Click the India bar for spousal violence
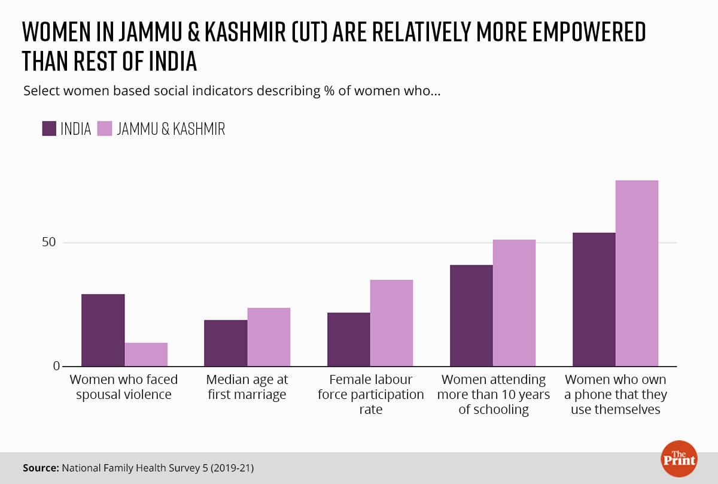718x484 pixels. [x=103, y=330]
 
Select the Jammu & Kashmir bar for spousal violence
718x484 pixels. [x=146, y=355]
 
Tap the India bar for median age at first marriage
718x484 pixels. [x=226, y=343]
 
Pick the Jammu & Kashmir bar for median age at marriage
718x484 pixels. [x=269, y=337]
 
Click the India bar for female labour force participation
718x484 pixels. [x=349, y=340]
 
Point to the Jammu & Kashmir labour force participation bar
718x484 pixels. [x=391, y=323]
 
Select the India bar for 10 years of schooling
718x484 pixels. [x=471, y=316]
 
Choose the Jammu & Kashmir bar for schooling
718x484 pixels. [x=514, y=303]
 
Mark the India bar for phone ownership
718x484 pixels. [x=594, y=300]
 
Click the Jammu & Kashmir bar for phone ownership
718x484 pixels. [x=637, y=273]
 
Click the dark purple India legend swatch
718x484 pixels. [x=49, y=129]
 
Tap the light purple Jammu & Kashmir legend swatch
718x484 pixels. [x=105, y=129]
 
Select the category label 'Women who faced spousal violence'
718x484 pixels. [x=124, y=387]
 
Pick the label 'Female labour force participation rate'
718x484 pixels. [x=370, y=395]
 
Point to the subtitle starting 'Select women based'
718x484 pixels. [x=232, y=92]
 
